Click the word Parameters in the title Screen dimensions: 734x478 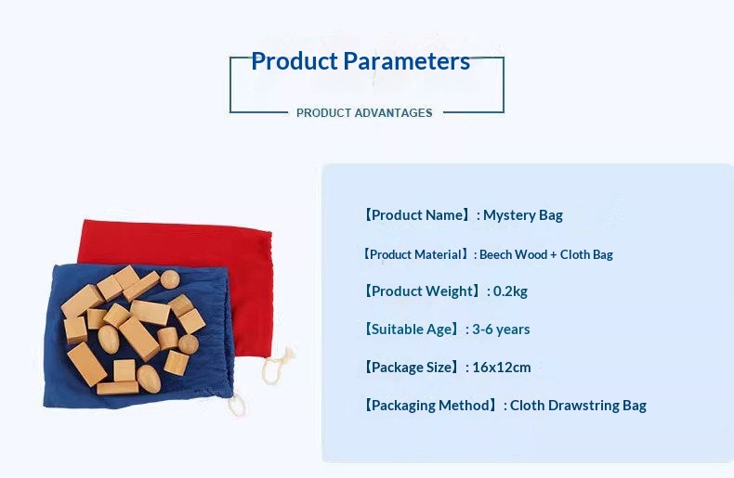tap(406, 62)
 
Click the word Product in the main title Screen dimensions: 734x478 tap(295, 61)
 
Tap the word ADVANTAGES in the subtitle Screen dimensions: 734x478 tap(393, 113)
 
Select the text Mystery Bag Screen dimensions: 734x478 tap(523, 215)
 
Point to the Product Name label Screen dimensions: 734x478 tap(416, 215)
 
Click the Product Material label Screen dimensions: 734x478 tap(415, 254)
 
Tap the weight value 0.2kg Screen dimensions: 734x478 tap(510, 291)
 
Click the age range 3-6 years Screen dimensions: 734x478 tap(501, 329)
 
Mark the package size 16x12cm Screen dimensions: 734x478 tap(502, 368)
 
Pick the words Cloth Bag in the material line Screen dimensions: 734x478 tap(586, 254)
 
